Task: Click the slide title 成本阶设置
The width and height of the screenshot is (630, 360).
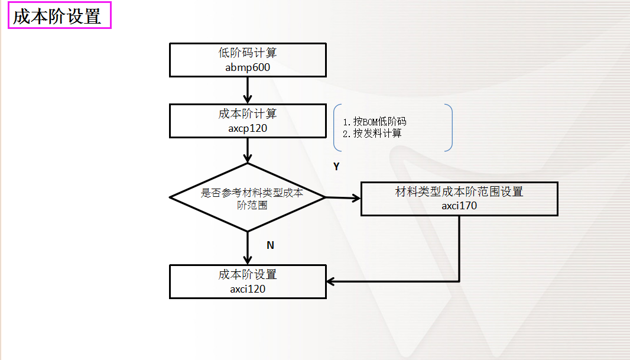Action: (x=57, y=17)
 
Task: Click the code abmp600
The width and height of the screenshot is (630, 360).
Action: (x=248, y=67)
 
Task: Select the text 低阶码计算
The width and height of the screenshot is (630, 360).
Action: (x=248, y=53)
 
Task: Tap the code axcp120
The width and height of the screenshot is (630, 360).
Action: (x=248, y=128)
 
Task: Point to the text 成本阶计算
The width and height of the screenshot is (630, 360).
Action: (x=248, y=113)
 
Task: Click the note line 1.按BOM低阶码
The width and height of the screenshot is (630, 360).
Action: (x=375, y=122)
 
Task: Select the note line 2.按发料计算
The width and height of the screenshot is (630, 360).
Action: (x=372, y=134)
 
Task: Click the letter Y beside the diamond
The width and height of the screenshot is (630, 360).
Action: (x=336, y=167)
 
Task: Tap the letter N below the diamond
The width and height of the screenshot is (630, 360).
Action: (x=270, y=245)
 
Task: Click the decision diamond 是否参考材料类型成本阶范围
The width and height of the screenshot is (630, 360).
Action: (x=248, y=197)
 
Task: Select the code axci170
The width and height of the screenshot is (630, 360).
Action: (x=459, y=206)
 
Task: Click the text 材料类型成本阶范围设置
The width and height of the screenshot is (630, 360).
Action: (x=459, y=192)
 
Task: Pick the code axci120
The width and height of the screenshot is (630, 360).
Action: (x=248, y=289)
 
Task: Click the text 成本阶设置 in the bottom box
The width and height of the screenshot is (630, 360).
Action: (x=248, y=275)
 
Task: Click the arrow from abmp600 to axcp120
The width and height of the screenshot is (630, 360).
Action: (x=248, y=90)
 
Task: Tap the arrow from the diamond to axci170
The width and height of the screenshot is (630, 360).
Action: (x=343, y=198)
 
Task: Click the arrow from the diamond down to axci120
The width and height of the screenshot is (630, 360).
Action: (x=248, y=248)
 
